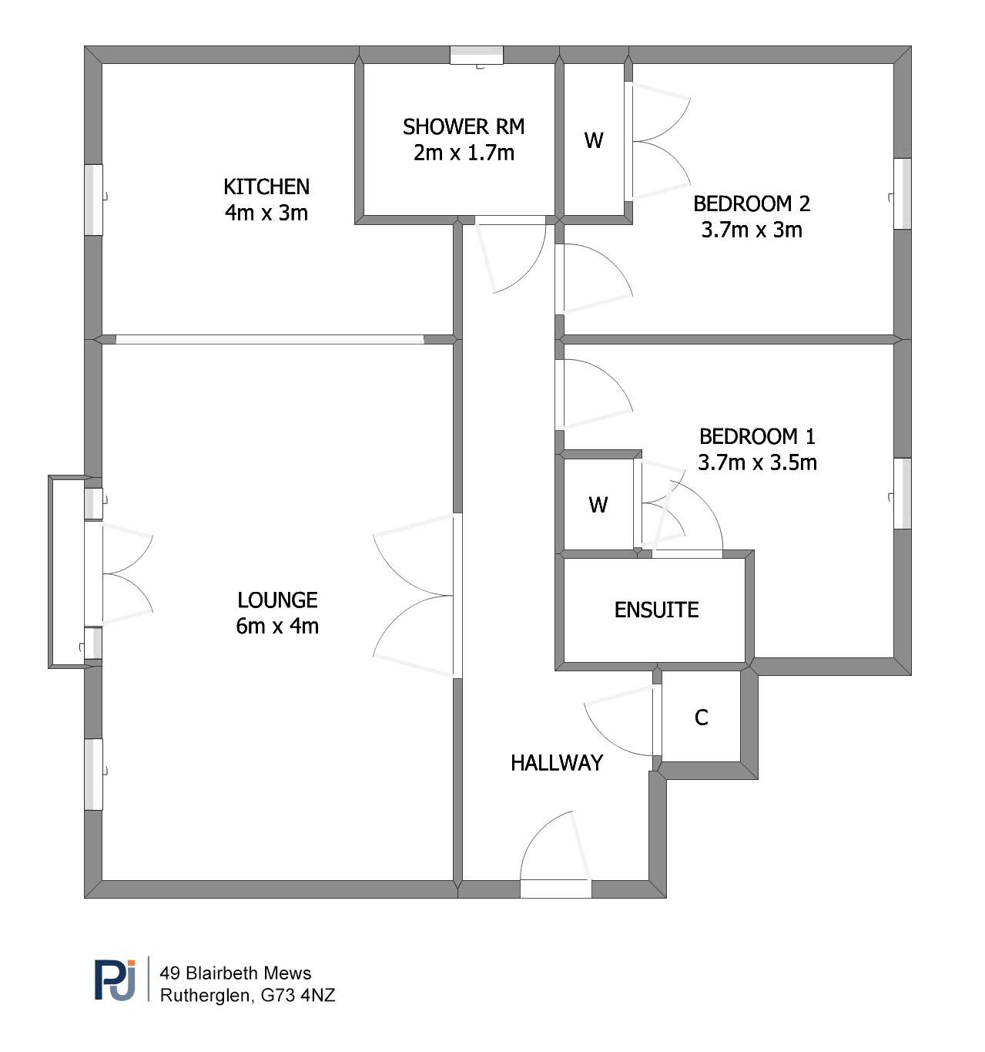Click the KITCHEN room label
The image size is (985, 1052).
pyautogui.click(x=266, y=187)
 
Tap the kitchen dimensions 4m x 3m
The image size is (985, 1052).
pyautogui.click(x=266, y=213)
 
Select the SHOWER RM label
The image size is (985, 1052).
pyautogui.click(x=464, y=127)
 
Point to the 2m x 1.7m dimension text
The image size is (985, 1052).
pyautogui.click(x=464, y=153)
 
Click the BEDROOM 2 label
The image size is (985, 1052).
pyautogui.click(x=752, y=204)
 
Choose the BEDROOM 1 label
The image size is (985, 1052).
pyautogui.click(x=757, y=437)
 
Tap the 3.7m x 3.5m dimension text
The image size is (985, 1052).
pyautogui.click(x=757, y=463)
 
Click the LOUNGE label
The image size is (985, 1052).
pyautogui.click(x=277, y=600)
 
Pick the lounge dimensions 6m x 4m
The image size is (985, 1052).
pyautogui.click(x=277, y=627)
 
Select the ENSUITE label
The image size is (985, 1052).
pyautogui.click(x=656, y=610)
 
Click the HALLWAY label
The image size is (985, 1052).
pyautogui.click(x=557, y=763)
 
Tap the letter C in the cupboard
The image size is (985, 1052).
pyautogui.click(x=701, y=718)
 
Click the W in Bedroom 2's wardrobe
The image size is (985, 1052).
pyautogui.click(x=594, y=141)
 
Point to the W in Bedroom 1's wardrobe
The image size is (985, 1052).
pyautogui.click(x=598, y=506)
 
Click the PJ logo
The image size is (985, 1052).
pyautogui.click(x=115, y=980)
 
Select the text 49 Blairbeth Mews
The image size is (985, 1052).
pyautogui.click(x=235, y=973)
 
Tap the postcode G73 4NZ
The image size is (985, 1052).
pyautogui.click(x=298, y=996)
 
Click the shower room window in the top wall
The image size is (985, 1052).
pyautogui.click(x=476, y=55)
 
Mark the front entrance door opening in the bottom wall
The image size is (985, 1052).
pyautogui.click(x=555, y=889)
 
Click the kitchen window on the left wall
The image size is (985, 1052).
pyautogui.click(x=94, y=200)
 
